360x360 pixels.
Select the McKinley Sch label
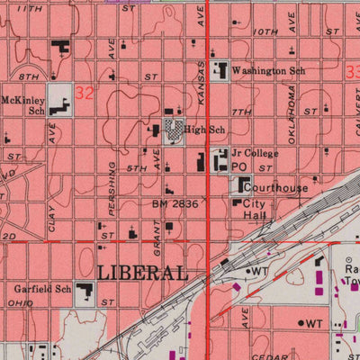22,106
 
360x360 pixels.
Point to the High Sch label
204,130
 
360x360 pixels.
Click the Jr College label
255,154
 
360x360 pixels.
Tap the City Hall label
256,211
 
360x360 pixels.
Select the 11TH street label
30,7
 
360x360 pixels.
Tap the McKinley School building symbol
59,101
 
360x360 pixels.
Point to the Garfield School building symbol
85,292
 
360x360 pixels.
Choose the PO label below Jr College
238,167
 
